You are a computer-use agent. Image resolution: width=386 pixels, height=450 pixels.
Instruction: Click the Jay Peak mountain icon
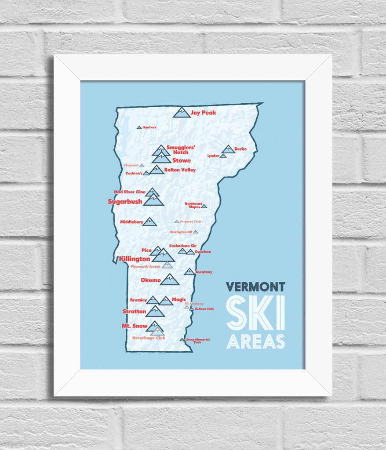pos(182,112)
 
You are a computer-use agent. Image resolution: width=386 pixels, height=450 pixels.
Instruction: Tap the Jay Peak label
pos(204,113)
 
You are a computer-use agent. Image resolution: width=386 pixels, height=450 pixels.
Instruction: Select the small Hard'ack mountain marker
pos(139,127)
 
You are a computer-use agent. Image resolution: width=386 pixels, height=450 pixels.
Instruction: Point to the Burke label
pos(240,149)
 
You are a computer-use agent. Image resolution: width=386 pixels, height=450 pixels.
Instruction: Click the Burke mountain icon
pos(228,149)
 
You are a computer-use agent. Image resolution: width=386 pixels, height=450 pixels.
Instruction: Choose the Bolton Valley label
pos(180,170)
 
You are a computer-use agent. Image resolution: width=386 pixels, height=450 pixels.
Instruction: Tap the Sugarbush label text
pos(125,202)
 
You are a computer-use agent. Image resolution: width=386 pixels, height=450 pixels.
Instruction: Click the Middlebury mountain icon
pos(149,222)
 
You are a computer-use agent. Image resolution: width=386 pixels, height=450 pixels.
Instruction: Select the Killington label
pos(135,259)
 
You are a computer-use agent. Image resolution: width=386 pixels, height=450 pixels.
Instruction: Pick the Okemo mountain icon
pos(169,279)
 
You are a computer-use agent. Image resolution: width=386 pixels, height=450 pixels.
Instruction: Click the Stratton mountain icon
pos(155,312)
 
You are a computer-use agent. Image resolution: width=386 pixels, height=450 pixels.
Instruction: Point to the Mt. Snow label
pos(135,326)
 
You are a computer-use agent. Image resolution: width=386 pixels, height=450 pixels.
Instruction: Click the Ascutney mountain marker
pos(189,272)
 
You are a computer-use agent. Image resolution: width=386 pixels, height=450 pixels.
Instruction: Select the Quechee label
pos(203,252)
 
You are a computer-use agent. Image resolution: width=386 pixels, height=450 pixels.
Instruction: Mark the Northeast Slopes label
pos(193,205)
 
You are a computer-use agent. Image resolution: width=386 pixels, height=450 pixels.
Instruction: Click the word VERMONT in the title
pos(255,287)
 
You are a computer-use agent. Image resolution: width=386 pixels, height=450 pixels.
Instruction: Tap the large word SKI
pos(255,313)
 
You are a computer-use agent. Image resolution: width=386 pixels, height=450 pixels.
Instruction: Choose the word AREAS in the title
pos(255,341)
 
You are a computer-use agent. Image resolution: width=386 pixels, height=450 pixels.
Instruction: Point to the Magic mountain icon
pos(166,301)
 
